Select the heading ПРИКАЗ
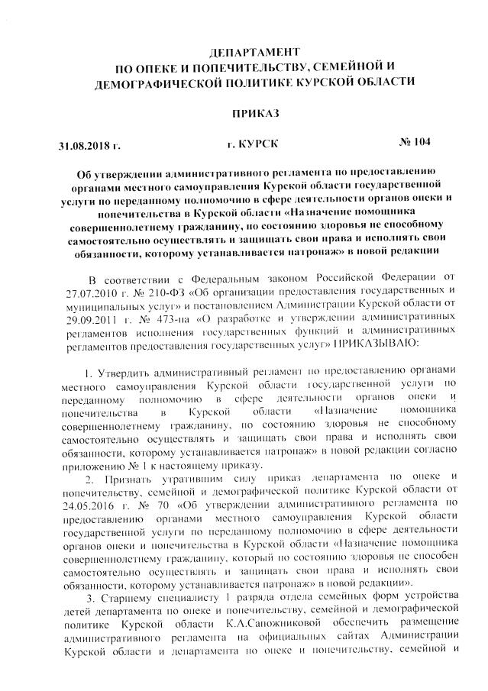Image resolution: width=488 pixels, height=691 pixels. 251,113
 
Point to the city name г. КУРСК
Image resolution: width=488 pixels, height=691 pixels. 253,144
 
